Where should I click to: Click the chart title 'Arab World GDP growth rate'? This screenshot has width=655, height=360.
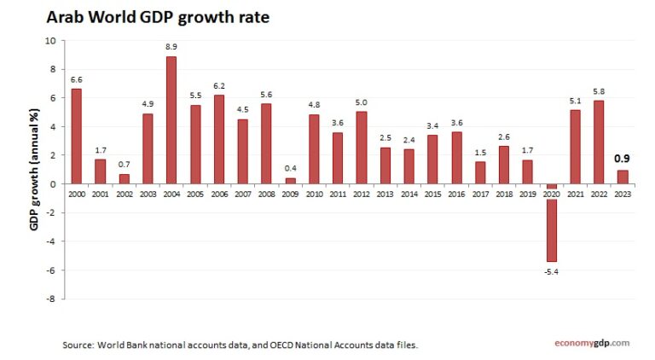coord(158,16)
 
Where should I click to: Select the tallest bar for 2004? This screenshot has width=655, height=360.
coord(171,119)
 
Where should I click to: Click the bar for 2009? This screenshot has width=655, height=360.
coord(290,180)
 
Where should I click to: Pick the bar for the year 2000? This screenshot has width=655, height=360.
coord(77,136)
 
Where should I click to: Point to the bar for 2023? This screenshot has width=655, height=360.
coord(623,177)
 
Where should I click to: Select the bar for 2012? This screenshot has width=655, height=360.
coord(361,148)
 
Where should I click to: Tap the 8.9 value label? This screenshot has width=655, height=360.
coord(171,48)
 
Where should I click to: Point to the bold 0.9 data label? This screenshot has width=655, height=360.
coord(623,159)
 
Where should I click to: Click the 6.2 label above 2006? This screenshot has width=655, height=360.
coord(219,86)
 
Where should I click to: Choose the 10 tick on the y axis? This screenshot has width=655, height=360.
coord(49,40)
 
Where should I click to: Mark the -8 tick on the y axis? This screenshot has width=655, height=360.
coord(49,299)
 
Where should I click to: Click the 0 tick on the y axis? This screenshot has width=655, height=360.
coord(52,183)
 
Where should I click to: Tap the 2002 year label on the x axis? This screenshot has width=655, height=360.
coord(124,195)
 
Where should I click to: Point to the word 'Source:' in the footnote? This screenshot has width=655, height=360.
coord(78,345)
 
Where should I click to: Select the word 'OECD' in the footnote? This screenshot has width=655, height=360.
coord(275,345)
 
